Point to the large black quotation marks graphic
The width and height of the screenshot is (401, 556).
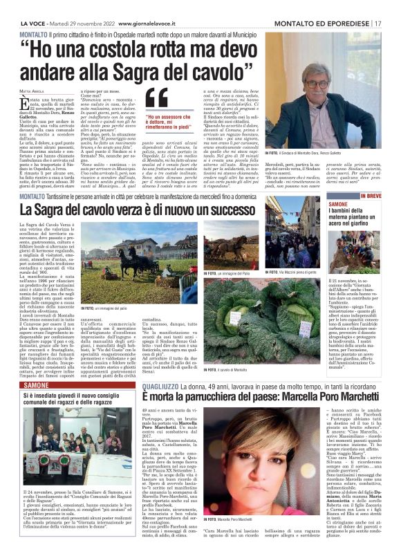(157, 100)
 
